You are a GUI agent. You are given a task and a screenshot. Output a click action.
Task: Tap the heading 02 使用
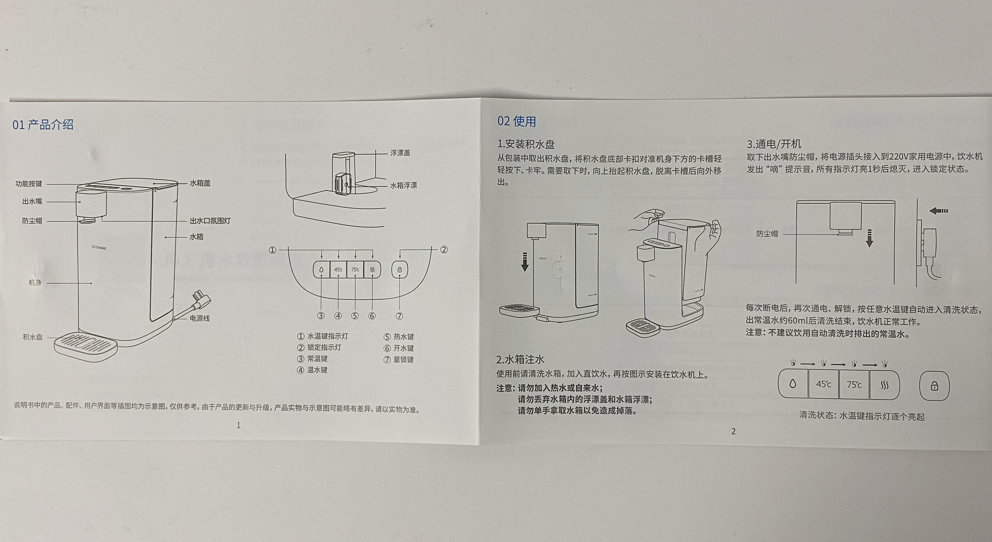(516, 121)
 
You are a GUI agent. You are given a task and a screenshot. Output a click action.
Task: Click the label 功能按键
(29, 184)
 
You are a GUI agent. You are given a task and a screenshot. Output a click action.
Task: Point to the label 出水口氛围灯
(210, 221)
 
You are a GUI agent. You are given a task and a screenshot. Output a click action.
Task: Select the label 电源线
(200, 318)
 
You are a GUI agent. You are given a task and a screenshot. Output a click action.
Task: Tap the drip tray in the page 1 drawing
(85, 346)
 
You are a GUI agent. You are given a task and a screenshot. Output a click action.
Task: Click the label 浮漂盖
(400, 153)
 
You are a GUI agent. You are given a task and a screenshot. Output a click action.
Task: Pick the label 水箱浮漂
(403, 186)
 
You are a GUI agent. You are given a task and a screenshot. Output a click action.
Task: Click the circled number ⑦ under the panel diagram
(399, 316)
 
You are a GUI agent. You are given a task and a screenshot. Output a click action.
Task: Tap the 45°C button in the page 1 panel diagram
(338, 270)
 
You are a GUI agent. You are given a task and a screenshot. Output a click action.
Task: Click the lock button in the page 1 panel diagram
(399, 270)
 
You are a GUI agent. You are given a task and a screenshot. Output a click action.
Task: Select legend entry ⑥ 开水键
(399, 348)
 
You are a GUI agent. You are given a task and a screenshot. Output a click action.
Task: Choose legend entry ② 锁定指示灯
(319, 347)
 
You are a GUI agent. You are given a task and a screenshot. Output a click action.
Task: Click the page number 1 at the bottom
(238, 425)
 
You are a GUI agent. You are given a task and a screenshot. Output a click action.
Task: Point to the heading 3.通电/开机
(774, 144)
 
